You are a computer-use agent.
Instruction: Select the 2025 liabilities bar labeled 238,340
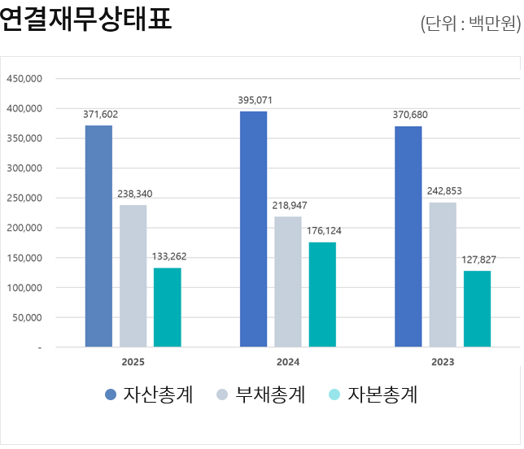[133, 276]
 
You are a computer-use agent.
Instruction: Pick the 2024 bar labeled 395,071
[253, 229]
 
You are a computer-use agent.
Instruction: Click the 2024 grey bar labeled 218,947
[288, 281]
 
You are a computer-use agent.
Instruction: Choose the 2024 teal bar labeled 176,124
[322, 294]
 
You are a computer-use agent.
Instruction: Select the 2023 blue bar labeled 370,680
[408, 237]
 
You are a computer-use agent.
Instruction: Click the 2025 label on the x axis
[133, 362]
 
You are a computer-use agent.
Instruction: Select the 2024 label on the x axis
[288, 362]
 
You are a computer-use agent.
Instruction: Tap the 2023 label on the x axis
[443, 362]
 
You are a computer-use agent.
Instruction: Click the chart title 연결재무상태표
[86, 19]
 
